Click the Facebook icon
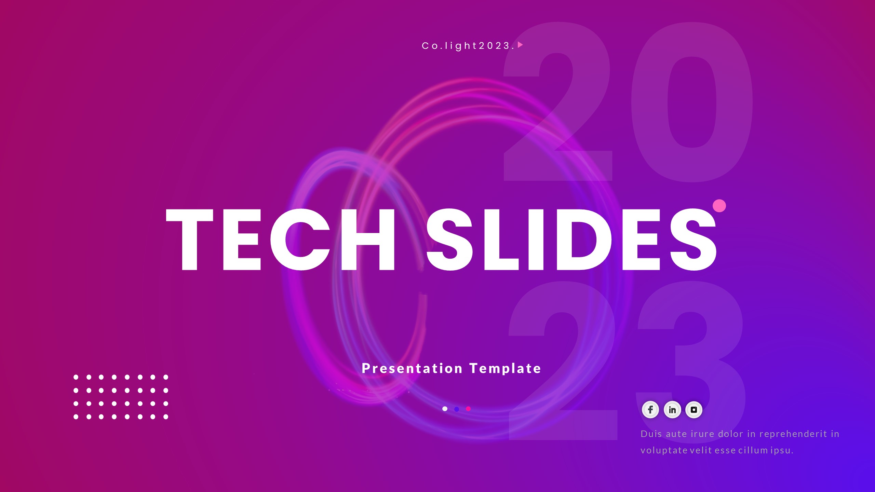650,410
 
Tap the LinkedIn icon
672,410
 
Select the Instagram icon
694,410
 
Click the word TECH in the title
280,239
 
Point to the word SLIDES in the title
571,239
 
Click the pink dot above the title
719,206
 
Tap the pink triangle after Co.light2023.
520,45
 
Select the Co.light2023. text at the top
468,46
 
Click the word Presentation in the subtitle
412,368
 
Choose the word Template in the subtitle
505,368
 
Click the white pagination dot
445,409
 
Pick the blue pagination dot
457,409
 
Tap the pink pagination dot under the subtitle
468,409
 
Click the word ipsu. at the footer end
782,450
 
